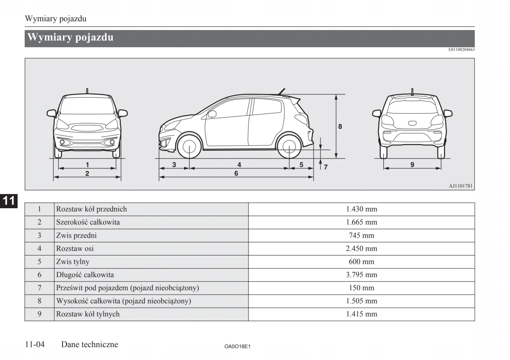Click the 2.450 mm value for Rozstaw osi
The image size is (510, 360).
[x=361, y=249]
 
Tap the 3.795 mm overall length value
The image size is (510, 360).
[x=361, y=275]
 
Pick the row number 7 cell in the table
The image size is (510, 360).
[x=40, y=288]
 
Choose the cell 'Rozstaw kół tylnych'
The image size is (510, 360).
[x=88, y=315]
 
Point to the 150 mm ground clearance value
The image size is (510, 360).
[x=361, y=288]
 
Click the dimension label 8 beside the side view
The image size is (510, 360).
[x=340, y=126]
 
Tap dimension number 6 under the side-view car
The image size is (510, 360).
[x=236, y=173]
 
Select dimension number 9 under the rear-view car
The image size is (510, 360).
[x=412, y=164]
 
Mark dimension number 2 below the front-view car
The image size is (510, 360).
[x=87, y=173]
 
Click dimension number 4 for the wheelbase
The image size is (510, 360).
[x=239, y=164]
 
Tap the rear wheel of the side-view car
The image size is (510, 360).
[x=289, y=147]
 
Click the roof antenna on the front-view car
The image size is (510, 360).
[x=87, y=91]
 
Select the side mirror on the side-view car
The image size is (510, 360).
[x=212, y=114]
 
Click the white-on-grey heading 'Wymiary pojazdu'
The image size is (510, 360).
[x=71, y=37]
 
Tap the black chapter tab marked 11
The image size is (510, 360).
[x=8, y=201]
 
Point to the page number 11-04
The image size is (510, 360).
[x=35, y=345]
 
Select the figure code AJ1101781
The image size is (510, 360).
[x=461, y=186]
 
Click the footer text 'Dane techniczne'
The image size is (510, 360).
[x=90, y=345]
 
